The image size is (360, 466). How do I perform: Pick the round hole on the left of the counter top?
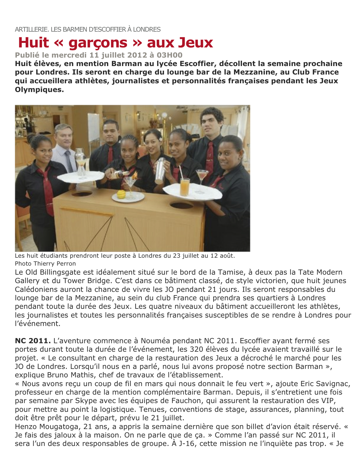(x=82, y=194)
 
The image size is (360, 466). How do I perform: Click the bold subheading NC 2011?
(x=33, y=341)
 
